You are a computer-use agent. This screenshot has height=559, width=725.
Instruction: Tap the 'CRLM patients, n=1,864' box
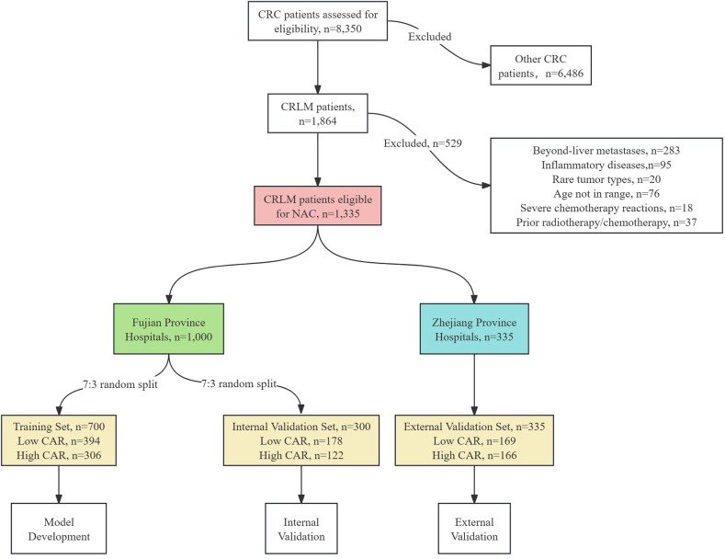317,112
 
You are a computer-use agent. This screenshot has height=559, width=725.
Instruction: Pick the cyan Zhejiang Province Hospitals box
474,328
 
